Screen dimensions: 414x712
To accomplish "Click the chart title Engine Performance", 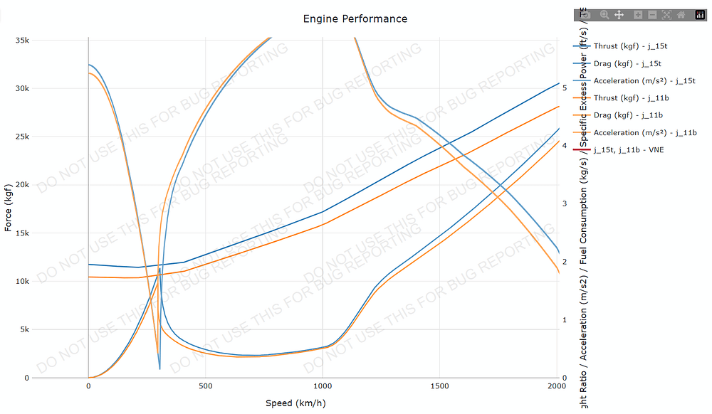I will coord(355,18).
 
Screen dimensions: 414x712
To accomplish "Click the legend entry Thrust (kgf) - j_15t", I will coord(630,46).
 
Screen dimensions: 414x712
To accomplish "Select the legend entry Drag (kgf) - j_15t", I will coord(628,63).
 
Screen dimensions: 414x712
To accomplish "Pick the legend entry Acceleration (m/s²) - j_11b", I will coord(644,132).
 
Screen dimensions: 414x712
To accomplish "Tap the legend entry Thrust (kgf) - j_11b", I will coord(630,98).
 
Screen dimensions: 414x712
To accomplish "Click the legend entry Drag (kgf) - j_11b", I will coord(628,115).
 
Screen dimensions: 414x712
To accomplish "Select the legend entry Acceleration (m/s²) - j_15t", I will coord(644,80).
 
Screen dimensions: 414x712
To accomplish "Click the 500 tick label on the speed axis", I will coord(205,386).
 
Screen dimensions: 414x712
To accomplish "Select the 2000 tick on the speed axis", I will coord(557,386).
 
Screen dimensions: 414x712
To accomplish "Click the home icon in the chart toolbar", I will coord(681,14).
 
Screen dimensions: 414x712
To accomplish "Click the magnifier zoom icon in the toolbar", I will coord(604,14).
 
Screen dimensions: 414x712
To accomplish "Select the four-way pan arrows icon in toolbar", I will coord(619,14).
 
